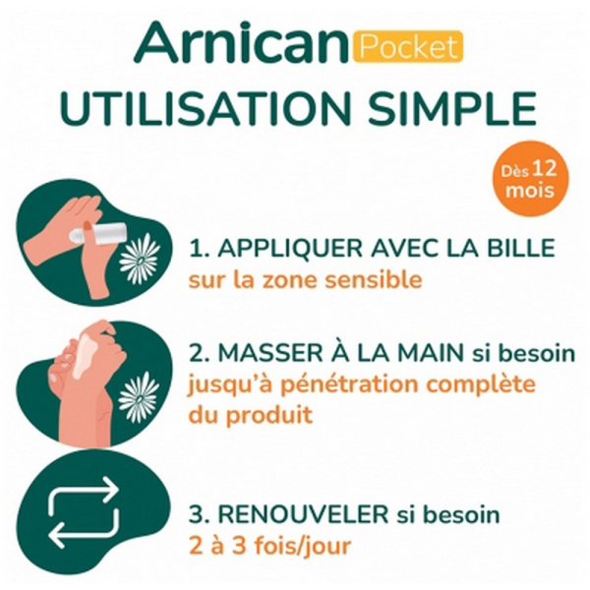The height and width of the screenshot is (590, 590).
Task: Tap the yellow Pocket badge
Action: [408, 46]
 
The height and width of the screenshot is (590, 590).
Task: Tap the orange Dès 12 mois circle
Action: [531, 178]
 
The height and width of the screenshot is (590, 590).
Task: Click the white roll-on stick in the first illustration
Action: [97, 231]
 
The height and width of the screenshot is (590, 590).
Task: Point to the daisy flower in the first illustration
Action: [140, 258]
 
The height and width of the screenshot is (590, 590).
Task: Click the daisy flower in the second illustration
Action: [139, 398]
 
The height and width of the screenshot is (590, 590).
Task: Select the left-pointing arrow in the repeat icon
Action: [85, 527]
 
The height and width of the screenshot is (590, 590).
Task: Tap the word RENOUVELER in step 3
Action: [303, 514]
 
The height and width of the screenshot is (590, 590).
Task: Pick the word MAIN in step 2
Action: [432, 353]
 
